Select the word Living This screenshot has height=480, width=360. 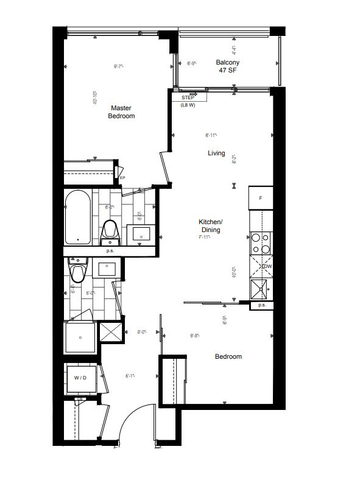coord(216,153)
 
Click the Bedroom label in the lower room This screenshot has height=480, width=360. coord(228,357)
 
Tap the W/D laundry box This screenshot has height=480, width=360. coord(80,378)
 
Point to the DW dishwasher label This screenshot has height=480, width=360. coord(265,268)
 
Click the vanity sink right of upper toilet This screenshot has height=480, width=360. coord(139,232)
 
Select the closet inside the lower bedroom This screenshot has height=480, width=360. coord(174,381)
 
